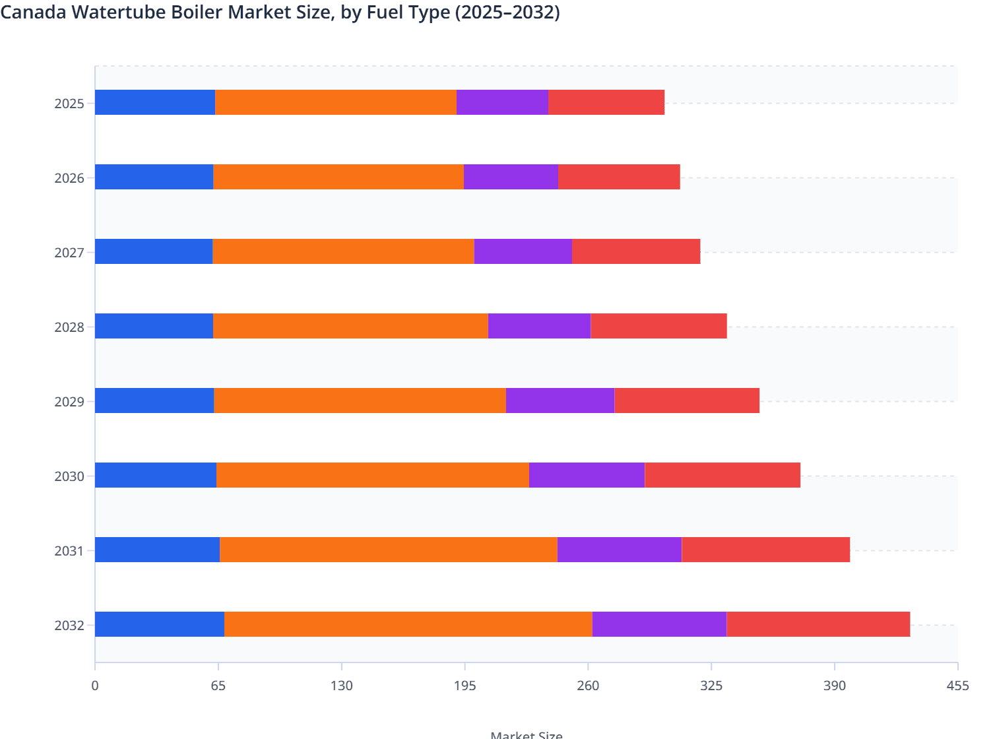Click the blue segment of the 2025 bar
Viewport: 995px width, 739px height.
pyautogui.click(x=155, y=102)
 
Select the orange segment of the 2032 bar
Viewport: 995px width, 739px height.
pyautogui.click(x=408, y=624)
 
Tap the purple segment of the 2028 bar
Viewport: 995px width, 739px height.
pyautogui.click(x=539, y=326)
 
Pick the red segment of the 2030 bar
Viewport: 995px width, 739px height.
pyautogui.click(x=722, y=475)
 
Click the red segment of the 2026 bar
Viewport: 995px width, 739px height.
pyautogui.click(x=619, y=177)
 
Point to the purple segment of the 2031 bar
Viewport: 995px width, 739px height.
pyautogui.click(x=620, y=550)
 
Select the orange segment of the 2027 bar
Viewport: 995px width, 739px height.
pyautogui.click(x=343, y=251)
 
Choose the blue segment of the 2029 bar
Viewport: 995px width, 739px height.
pyautogui.click(x=154, y=401)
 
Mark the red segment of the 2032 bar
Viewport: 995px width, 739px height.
pyautogui.click(x=818, y=624)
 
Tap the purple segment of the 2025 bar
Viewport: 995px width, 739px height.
pyautogui.click(x=502, y=102)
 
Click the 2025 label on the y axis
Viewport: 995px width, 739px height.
pyautogui.click(x=69, y=104)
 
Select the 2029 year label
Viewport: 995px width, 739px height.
pyautogui.click(x=69, y=402)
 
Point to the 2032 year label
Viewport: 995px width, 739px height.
pyautogui.click(x=69, y=626)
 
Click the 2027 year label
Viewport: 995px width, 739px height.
pyautogui.click(x=69, y=253)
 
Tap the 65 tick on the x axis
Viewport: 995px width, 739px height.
pyautogui.click(x=218, y=686)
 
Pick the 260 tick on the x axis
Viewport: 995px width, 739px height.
pyautogui.click(x=588, y=686)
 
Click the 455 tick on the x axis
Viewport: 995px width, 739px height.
pyautogui.click(x=957, y=686)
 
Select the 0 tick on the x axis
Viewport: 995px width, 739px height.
pyautogui.click(x=95, y=686)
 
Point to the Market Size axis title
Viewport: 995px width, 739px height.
pyautogui.click(x=527, y=734)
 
